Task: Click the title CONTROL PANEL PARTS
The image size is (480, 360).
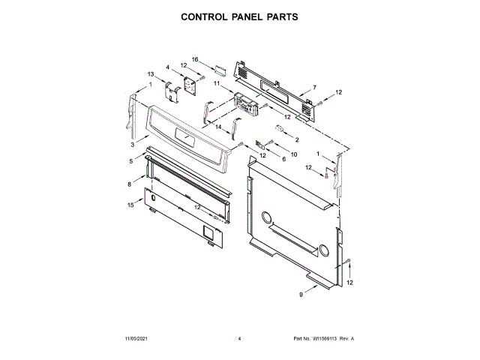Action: pos(240,15)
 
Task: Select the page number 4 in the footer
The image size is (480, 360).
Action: pos(239,339)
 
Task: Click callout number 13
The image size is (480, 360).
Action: pos(151,74)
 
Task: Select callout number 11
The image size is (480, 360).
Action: pos(216,85)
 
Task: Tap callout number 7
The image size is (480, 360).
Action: pos(314,87)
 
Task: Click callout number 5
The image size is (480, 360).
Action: pos(130,161)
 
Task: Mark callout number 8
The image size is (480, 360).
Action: pos(129,183)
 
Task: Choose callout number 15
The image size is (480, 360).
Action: pos(130,204)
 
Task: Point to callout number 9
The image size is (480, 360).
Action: pos(301,295)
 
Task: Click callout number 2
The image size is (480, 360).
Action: pos(296,139)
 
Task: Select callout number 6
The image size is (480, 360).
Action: pos(283,159)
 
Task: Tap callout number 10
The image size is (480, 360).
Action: pos(294,154)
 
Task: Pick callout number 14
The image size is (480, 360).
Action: pos(219,127)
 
